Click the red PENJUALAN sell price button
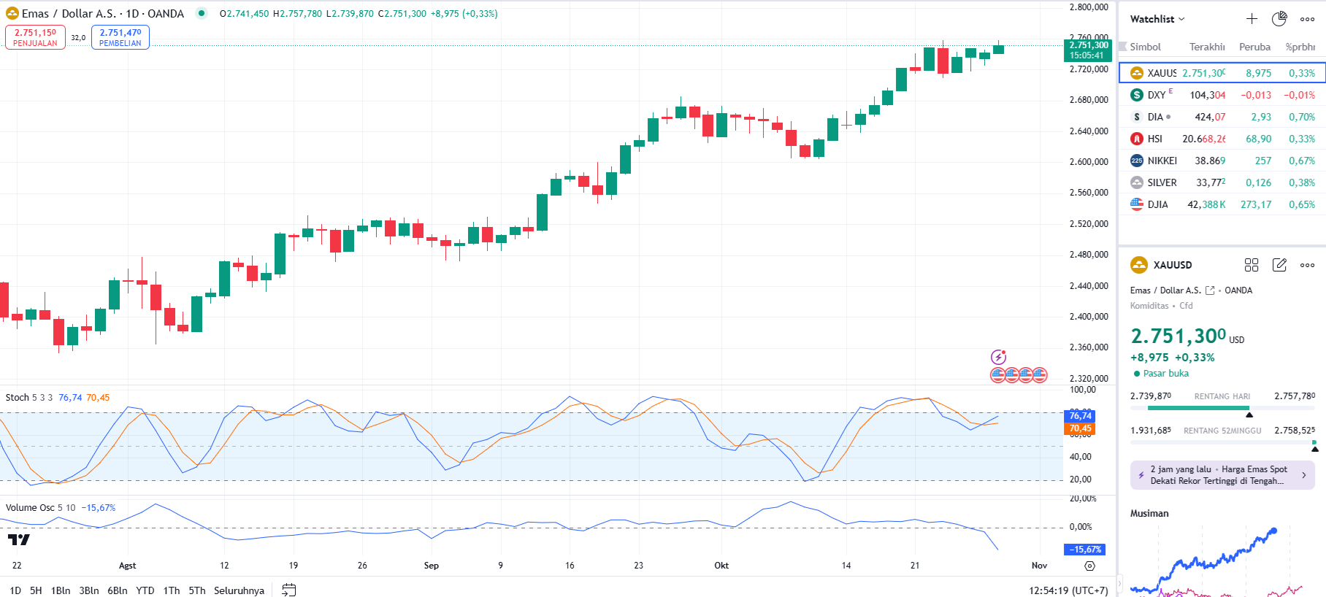[x=35, y=37]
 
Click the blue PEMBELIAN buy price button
[x=120, y=37]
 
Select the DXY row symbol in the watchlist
[x=1156, y=95]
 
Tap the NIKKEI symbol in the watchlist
[x=1161, y=161]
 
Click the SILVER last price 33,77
[x=1210, y=182]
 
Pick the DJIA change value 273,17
[x=1255, y=204]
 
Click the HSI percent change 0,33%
[x=1301, y=139]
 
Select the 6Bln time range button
[x=117, y=590]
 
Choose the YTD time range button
[x=145, y=590]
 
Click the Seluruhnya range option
[x=239, y=590]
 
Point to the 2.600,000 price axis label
[x=1088, y=162]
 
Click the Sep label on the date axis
[x=432, y=566]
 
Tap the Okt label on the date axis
[x=721, y=566]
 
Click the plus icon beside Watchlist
[x=1252, y=19]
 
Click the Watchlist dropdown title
[x=1157, y=19]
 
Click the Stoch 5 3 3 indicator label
[x=29, y=398]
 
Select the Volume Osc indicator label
[x=40, y=508]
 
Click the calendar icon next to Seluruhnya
[x=289, y=590]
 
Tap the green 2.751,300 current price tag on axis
[x=1088, y=50]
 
